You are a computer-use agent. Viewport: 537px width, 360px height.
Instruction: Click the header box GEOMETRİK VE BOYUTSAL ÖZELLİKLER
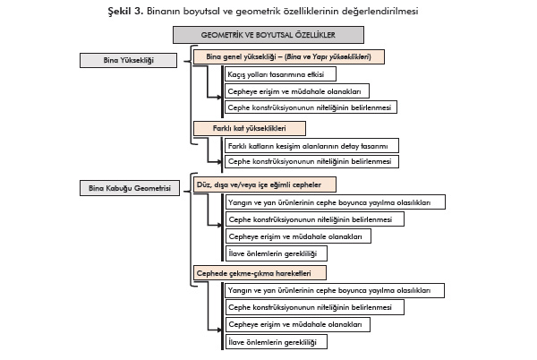[268, 35]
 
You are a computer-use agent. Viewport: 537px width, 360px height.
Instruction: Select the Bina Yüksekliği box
[130, 60]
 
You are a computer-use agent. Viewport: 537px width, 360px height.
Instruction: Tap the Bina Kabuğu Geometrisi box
[130, 188]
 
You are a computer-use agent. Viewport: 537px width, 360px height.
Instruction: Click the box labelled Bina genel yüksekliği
[288, 56]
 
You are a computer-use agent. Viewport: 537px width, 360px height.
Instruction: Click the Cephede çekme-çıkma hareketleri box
[260, 270]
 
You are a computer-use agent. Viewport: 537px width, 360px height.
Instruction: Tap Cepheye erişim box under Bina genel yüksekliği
[295, 90]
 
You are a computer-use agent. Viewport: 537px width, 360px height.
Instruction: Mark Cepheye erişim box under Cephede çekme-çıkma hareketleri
[295, 324]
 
